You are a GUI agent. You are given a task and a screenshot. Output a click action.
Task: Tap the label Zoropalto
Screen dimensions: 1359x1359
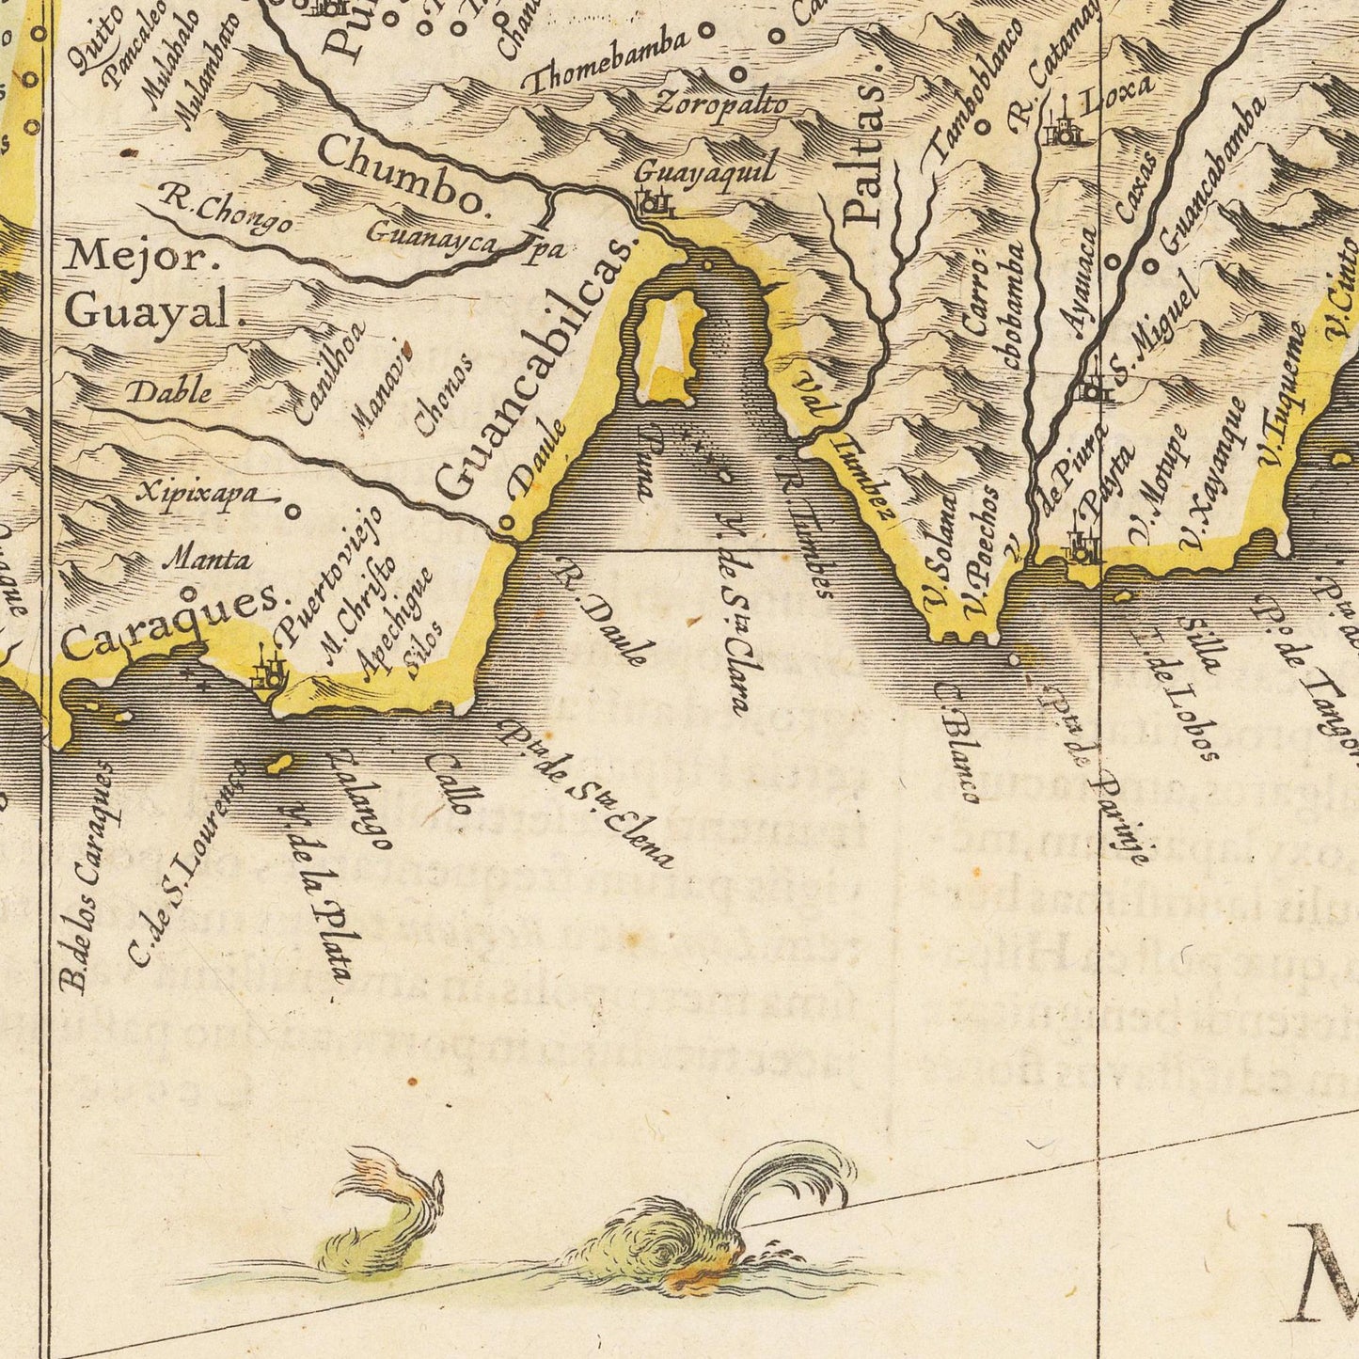(x=722, y=103)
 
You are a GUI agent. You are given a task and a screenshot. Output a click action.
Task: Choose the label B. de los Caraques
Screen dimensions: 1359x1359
(x=87, y=876)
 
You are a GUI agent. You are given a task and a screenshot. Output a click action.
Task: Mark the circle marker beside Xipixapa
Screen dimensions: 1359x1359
(x=292, y=513)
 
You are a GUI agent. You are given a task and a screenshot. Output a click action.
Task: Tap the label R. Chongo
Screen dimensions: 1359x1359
(x=223, y=213)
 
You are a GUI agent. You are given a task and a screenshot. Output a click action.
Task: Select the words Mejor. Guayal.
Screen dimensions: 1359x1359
(x=148, y=283)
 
